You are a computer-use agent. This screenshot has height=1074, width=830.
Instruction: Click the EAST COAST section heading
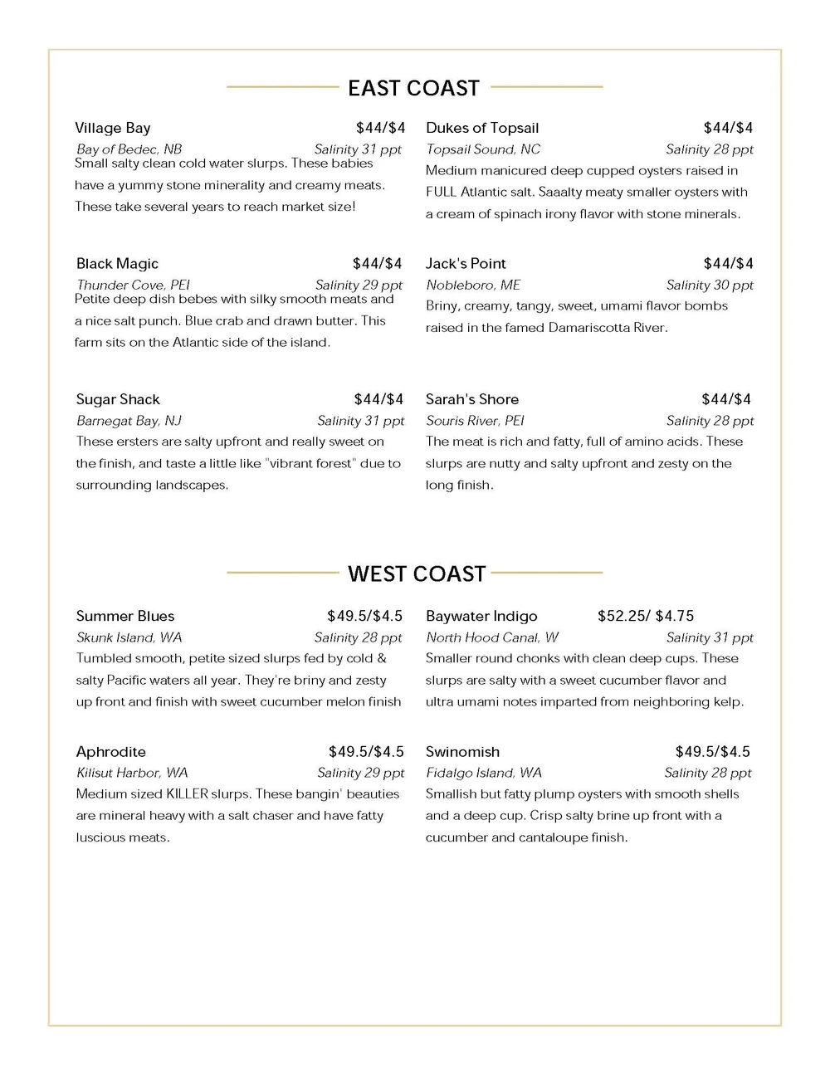(x=413, y=88)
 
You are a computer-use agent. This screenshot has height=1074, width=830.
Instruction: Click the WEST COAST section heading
(x=416, y=574)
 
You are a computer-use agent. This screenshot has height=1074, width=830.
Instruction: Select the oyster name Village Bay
(x=113, y=128)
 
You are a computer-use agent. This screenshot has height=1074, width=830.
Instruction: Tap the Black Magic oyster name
(x=117, y=264)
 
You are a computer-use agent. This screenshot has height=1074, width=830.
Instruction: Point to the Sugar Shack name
(x=118, y=399)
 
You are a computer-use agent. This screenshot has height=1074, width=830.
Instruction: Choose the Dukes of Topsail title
(x=482, y=128)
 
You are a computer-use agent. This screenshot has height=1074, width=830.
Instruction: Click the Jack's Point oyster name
(x=466, y=264)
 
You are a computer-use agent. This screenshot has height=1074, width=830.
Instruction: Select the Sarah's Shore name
(x=472, y=399)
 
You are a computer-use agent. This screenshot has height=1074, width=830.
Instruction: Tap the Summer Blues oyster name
(x=125, y=616)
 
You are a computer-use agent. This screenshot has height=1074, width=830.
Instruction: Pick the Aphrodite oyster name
(x=110, y=752)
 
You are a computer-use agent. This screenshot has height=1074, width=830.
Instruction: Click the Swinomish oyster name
(x=462, y=752)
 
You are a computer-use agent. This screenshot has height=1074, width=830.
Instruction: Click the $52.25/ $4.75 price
(x=646, y=616)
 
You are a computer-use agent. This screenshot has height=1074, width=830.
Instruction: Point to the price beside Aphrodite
(x=366, y=752)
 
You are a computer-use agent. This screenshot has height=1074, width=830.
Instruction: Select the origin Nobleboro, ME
(x=473, y=285)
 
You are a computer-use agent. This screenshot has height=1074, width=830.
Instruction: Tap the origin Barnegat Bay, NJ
(x=129, y=421)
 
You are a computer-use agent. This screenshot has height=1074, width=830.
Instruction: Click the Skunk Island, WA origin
(x=129, y=637)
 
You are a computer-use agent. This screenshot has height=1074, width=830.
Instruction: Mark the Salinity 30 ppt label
(x=710, y=285)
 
